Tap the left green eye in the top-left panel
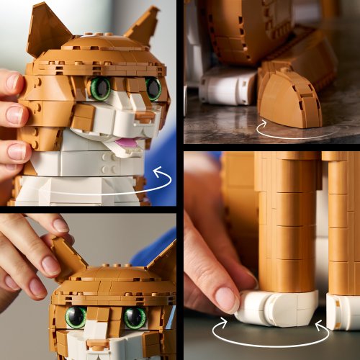tap(101, 89)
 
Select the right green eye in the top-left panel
tap(153, 88)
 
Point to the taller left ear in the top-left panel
tap(47, 32)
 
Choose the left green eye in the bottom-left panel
tap(76, 317)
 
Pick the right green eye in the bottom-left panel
tap(134, 318)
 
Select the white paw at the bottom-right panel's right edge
tap(343, 310)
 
